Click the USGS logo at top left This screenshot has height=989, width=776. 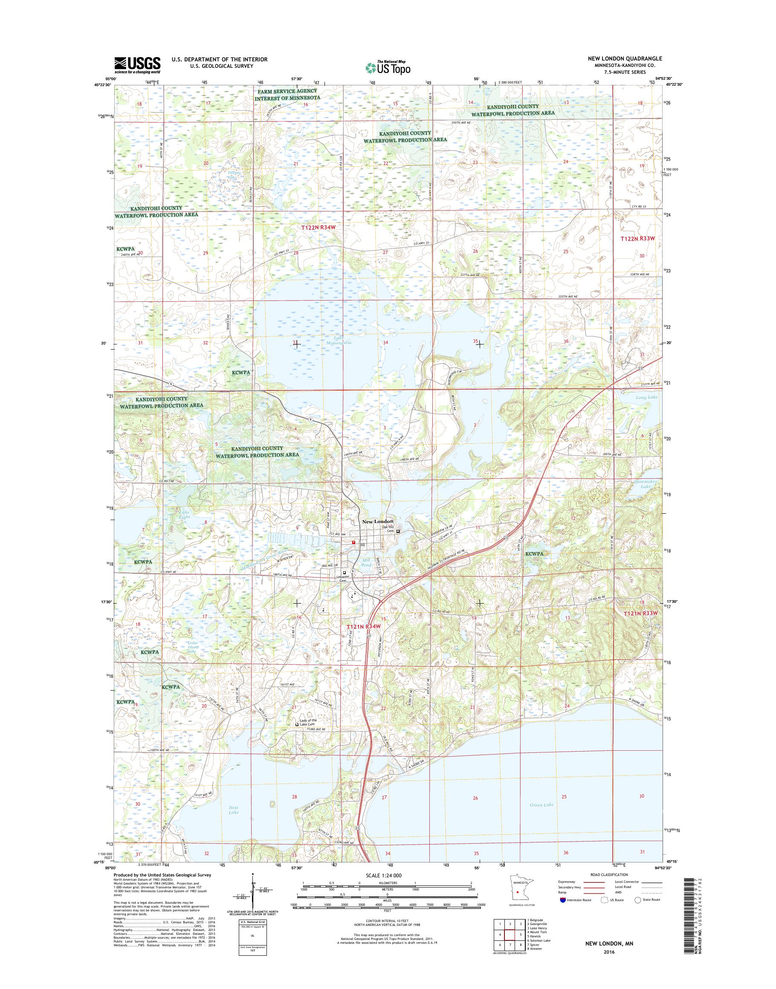pyautogui.click(x=137, y=65)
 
